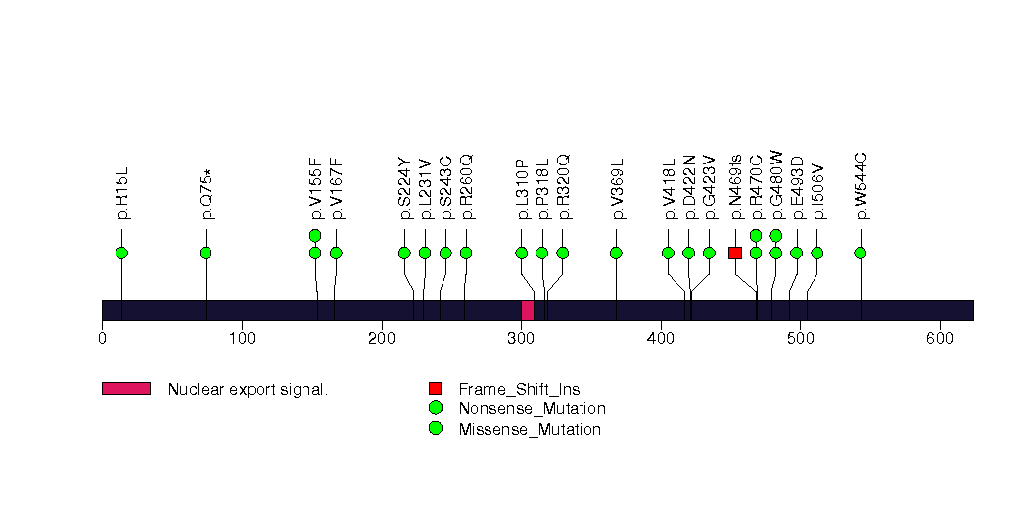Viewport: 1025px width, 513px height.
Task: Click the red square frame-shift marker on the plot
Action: pyautogui.click(x=735, y=253)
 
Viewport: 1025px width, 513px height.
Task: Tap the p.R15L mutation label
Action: pyautogui.click(x=122, y=194)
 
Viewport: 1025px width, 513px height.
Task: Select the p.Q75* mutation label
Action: pyautogui.click(x=207, y=195)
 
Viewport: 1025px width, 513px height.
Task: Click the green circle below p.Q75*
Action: pyautogui.click(x=206, y=253)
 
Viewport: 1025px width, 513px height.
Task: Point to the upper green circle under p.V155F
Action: pyautogui.click(x=315, y=235)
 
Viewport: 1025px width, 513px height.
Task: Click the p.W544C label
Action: pyautogui.click(x=861, y=186)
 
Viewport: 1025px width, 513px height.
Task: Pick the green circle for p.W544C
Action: pyautogui.click(x=861, y=253)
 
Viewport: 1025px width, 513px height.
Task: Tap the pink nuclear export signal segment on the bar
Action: pyautogui.click(x=528, y=310)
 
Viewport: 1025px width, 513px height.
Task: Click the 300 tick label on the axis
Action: pyautogui.click(x=521, y=338)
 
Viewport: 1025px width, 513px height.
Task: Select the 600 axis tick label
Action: pyautogui.click(x=940, y=338)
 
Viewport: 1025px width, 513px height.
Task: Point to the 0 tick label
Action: pyautogui.click(x=102, y=338)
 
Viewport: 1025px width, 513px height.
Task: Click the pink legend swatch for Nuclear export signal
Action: pyautogui.click(x=126, y=389)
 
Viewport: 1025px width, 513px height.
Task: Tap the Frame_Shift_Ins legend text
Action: pyautogui.click(x=519, y=389)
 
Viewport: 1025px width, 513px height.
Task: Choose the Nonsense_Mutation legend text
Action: pyautogui.click(x=533, y=409)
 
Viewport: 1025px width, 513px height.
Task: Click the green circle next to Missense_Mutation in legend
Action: pyautogui.click(x=435, y=428)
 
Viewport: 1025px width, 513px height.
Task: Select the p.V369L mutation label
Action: pyautogui.click(x=617, y=189)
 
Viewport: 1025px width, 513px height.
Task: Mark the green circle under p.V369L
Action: pyautogui.click(x=616, y=253)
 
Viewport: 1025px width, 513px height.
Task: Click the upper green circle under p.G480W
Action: pyautogui.click(x=776, y=235)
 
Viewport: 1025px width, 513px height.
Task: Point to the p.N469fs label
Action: pyautogui.click(x=736, y=187)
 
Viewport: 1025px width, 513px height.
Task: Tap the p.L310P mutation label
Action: pyautogui.click(x=523, y=189)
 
